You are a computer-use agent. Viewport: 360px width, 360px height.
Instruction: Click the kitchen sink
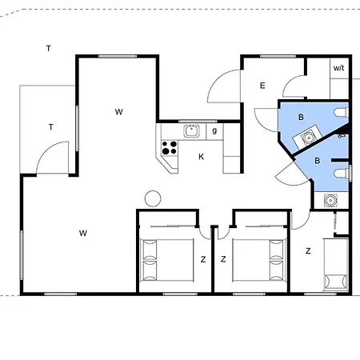tap(191, 131)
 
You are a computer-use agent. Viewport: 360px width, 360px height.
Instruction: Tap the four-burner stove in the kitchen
tap(170, 147)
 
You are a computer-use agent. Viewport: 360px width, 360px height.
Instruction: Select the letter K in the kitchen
tap(201, 157)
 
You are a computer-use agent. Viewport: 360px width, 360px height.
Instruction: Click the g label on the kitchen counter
tap(214, 130)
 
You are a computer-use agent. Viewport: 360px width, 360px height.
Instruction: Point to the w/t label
tap(338, 68)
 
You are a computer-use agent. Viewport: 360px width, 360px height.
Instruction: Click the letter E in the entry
tap(262, 86)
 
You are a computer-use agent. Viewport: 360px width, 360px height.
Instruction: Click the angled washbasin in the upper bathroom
tap(307, 138)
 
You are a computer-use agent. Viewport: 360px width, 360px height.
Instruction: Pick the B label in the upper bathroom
tap(301, 117)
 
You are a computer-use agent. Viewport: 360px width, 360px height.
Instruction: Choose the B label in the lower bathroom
tap(317, 161)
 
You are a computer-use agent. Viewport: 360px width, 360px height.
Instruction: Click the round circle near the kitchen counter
tap(152, 198)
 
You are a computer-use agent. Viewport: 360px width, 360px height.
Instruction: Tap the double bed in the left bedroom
tap(166, 258)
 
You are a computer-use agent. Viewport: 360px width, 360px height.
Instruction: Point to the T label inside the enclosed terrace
tap(50, 126)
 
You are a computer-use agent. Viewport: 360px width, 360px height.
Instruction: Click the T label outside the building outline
tap(48, 49)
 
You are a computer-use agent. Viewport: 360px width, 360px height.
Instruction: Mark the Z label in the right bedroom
tap(308, 251)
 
